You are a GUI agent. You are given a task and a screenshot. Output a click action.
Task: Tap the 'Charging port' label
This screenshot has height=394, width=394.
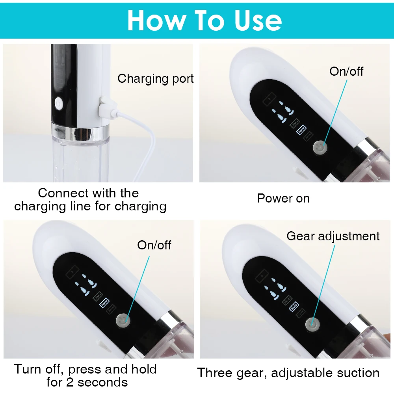tap(156, 78)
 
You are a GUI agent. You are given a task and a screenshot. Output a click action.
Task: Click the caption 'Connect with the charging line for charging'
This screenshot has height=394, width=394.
tap(90, 199)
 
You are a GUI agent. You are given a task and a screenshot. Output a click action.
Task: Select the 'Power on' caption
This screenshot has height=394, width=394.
tap(283, 198)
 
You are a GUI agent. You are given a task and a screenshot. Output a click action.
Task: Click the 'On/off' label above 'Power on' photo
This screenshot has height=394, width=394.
tap(346, 71)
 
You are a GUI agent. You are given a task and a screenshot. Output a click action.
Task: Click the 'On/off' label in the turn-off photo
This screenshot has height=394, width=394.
tap(154, 245)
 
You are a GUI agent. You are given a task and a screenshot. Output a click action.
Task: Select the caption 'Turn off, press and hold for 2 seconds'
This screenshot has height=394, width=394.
tap(85, 375)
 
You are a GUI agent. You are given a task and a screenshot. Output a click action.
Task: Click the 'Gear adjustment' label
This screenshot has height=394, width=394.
tap(333, 236)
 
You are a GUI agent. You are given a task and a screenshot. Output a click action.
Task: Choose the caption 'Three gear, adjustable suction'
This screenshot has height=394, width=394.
tap(288, 373)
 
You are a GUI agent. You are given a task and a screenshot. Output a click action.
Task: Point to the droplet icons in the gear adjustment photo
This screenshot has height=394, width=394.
tap(275, 286)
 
